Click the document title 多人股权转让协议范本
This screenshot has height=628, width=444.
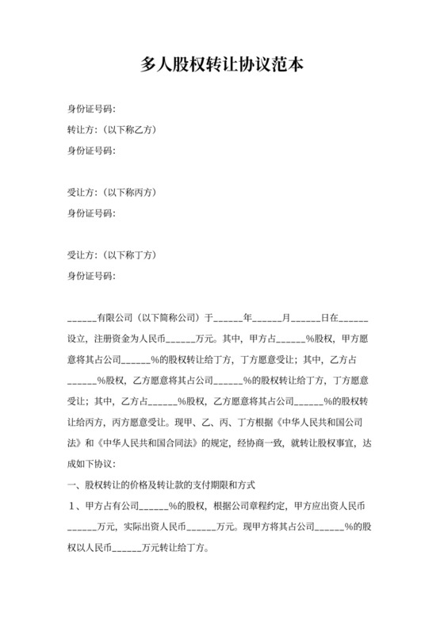(x=222, y=67)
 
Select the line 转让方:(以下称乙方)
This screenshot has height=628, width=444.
(x=110, y=129)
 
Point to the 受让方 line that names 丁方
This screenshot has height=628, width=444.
(x=111, y=255)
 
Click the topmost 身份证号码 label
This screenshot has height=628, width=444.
(x=91, y=109)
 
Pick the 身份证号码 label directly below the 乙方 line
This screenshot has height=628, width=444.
(x=91, y=150)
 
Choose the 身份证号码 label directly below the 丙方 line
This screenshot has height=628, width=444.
(x=91, y=213)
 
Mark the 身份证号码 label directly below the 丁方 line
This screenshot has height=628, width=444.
(x=91, y=275)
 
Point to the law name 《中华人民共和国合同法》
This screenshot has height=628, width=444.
(x=151, y=442)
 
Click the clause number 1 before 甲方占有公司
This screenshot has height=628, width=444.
(x=71, y=504)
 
